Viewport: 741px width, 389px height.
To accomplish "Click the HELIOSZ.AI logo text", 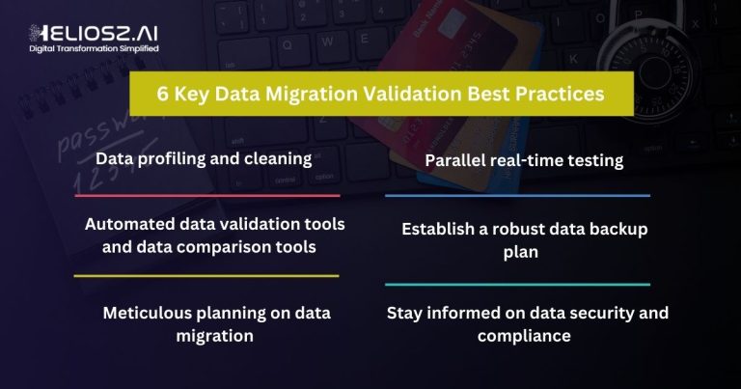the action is click(94, 33).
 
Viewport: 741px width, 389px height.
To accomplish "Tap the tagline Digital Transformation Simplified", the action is click(94, 48).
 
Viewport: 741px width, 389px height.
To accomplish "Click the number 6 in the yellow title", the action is click(162, 94).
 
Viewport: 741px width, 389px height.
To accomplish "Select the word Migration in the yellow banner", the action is click(311, 94).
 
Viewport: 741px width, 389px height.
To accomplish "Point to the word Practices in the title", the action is click(560, 94).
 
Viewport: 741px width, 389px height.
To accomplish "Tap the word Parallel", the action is click(455, 160).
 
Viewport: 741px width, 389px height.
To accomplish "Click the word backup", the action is click(618, 229).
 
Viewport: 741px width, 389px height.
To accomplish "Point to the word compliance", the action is click(524, 336).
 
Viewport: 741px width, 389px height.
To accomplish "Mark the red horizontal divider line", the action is click(207, 195).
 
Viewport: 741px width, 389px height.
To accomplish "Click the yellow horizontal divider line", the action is click(206, 275).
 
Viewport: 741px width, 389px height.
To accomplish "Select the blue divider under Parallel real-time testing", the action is click(517, 195).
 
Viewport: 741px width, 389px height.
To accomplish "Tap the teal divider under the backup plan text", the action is click(517, 285).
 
